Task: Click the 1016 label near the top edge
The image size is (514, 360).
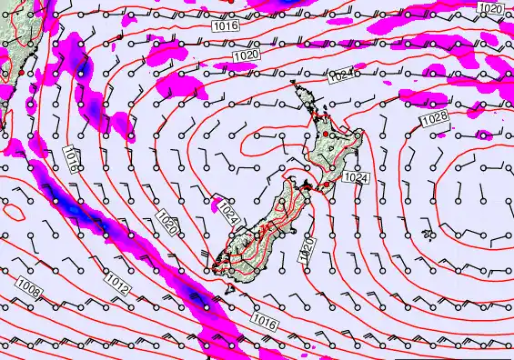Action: click(x=227, y=26)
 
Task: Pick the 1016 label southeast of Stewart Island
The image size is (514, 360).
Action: click(x=264, y=321)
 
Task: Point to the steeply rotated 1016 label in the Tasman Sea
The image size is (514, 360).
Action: click(x=71, y=161)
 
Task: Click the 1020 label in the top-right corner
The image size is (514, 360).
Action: click(x=489, y=8)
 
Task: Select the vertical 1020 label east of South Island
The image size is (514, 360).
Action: click(x=307, y=247)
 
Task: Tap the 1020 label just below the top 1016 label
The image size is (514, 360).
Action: click(x=245, y=56)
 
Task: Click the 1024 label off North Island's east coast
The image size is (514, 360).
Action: click(x=357, y=178)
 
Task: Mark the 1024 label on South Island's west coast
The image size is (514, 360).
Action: click(x=228, y=215)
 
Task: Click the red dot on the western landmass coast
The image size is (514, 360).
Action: click(x=20, y=72)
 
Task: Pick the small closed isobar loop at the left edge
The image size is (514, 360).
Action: click(x=15, y=212)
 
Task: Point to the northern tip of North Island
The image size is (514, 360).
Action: click(x=294, y=85)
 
